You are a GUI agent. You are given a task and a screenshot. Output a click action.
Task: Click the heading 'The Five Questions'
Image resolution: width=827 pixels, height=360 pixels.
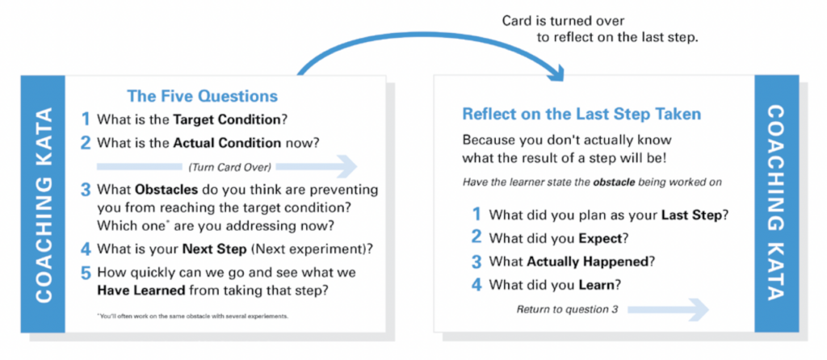[202, 96]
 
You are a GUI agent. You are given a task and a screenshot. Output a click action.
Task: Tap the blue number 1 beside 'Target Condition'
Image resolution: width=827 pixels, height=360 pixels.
[85, 119]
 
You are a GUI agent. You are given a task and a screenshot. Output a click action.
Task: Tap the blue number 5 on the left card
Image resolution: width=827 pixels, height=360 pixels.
[85, 274]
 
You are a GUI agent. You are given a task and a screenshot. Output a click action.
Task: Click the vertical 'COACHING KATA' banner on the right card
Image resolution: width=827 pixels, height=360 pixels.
[776, 203]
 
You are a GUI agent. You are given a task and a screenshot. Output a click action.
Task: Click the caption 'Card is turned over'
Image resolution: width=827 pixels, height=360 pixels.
[562, 20]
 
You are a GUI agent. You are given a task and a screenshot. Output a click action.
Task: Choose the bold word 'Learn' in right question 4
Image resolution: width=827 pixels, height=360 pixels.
[596, 285]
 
